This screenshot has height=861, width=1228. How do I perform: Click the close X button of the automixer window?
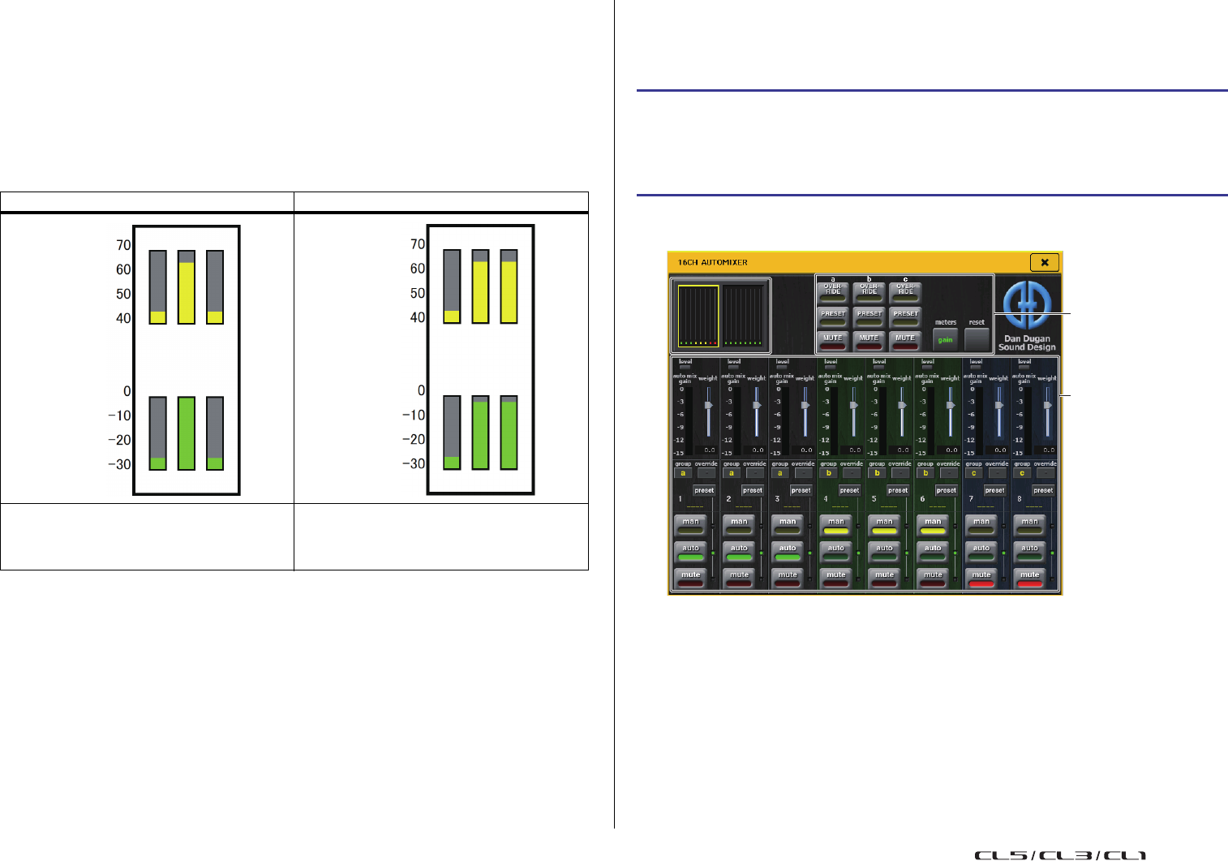pos(1044,262)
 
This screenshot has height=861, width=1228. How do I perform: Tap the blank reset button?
pos(977,339)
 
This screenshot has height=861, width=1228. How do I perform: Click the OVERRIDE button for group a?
pos(833,291)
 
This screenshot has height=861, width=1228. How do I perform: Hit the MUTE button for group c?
pos(905,339)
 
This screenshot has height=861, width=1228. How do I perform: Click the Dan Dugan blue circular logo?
pos(1027,305)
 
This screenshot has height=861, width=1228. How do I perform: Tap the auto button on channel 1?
pos(690,550)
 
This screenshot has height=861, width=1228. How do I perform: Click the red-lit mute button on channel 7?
pos(981,577)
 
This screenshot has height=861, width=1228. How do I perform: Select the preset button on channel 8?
pos(1043,490)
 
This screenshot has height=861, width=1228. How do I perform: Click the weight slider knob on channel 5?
pos(902,405)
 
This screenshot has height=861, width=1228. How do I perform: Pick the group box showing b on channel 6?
pos(925,473)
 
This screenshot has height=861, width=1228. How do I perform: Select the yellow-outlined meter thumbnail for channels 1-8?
pos(698,316)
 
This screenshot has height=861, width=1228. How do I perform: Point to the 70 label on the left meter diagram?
pos(123,245)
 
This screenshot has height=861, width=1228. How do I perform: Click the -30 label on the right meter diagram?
pos(414,464)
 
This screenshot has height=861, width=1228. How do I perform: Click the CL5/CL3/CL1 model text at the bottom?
pos(1060,855)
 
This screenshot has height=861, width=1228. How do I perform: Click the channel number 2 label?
pos(729,499)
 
